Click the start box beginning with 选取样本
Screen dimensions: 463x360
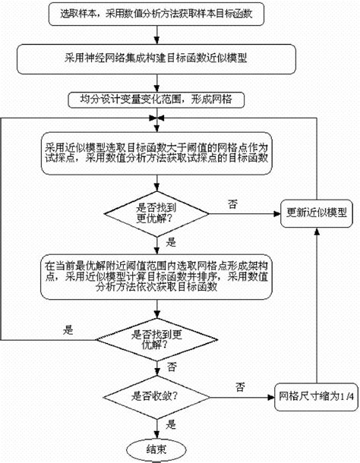(x=155, y=14)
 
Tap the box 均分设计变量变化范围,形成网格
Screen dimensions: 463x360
(x=155, y=99)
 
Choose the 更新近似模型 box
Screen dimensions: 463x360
(x=317, y=212)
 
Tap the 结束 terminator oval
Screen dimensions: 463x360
(x=155, y=447)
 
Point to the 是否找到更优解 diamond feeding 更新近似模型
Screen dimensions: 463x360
(x=155, y=212)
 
